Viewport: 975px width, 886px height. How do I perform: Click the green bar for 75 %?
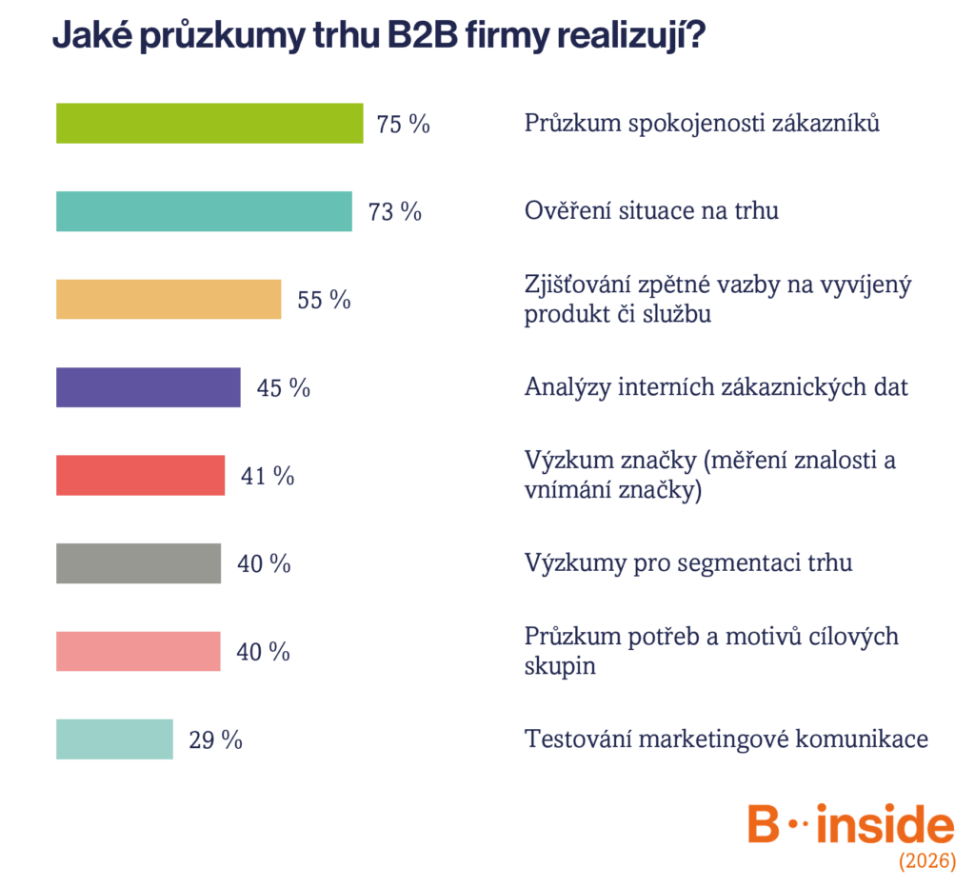click(x=209, y=123)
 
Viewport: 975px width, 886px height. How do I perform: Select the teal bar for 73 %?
click(x=204, y=211)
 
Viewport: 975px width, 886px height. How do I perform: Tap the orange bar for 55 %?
click(x=169, y=300)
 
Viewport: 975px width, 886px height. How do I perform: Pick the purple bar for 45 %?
click(x=148, y=387)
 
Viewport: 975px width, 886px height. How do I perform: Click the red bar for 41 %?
click(x=141, y=475)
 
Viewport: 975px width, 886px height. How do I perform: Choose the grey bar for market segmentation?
click(x=138, y=563)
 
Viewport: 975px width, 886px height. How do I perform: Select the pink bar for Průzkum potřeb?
click(x=138, y=651)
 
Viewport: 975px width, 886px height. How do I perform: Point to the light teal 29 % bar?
click(x=114, y=739)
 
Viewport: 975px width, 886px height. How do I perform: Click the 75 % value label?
click(x=403, y=124)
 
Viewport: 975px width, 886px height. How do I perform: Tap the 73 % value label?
click(x=395, y=212)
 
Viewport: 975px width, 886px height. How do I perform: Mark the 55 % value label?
click(x=324, y=300)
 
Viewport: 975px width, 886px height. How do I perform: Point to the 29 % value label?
click(x=216, y=740)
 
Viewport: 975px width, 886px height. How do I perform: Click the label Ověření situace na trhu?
click(x=651, y=210)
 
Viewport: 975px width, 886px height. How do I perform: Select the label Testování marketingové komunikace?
click(x=726, y=738)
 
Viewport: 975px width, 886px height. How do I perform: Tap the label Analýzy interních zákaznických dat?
click(x=716, y=387)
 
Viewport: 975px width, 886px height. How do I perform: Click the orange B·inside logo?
click(x=850, y=823)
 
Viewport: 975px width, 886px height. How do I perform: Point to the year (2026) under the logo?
click(x=927, y=860)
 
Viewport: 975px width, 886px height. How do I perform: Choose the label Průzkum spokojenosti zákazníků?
click(x=702, y=123)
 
